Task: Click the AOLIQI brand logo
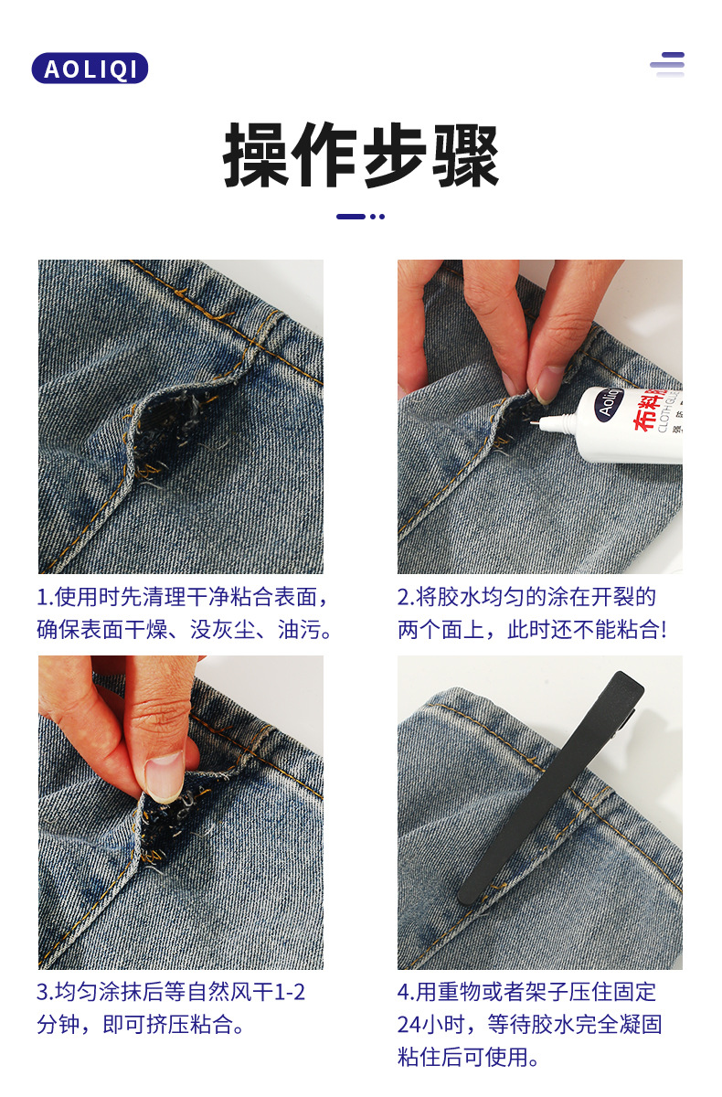pyautogui.click(x=90, y=69)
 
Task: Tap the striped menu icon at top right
pyautogui.click(x=667, y=65)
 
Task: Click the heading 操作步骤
pyautogui.click(x=361, y=156)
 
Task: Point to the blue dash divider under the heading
pyautogui.click(x=360, y=217)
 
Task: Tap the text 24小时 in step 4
pyautogui.click(x=433, y=1024)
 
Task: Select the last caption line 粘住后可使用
pyautogui.click(x=468, y=1057)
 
